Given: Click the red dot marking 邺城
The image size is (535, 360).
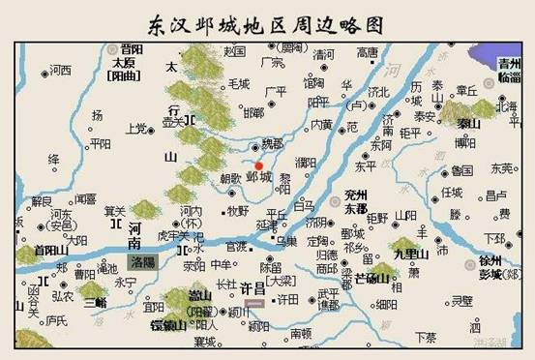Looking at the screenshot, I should pos(258,165).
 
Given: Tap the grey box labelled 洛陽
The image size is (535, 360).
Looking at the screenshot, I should pos(145,260).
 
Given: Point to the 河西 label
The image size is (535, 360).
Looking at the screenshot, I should pos(60,70).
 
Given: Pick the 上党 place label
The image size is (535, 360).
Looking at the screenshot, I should pos(137,127).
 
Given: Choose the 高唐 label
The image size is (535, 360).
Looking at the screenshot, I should pos(368,52).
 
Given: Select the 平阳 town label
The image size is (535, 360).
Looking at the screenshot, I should pos(100,143).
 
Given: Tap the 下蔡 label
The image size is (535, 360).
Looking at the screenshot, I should pos(425,337).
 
